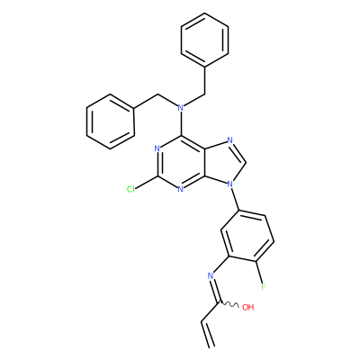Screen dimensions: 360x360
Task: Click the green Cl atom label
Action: [x=130, y=189]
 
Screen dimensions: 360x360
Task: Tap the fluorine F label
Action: [x=264, y=286]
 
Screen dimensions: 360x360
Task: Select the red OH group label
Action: [x=247, y=307]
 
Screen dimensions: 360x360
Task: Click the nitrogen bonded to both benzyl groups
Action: [x=180, y=107]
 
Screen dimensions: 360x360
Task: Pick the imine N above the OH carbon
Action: [x=211, y=275]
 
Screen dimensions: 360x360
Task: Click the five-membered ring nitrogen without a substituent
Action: [x=230, y=140]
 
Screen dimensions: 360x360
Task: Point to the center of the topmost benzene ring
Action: [x=205, y=40]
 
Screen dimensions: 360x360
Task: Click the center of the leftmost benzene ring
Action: [x=110, y=121]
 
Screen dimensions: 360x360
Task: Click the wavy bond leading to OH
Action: [x=229, y=305]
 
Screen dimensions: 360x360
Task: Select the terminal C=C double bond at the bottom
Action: [x=208, y=335]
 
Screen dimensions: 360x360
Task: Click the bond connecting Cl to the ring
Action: [x=147, y=183]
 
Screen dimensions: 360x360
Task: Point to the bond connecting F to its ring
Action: [x=260, y=272]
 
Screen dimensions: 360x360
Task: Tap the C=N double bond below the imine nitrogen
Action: [x=215, y=290]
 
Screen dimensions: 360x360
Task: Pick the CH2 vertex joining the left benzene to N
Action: [x=157, y=94]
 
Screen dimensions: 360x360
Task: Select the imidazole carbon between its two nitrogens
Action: [x=247, y=162]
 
